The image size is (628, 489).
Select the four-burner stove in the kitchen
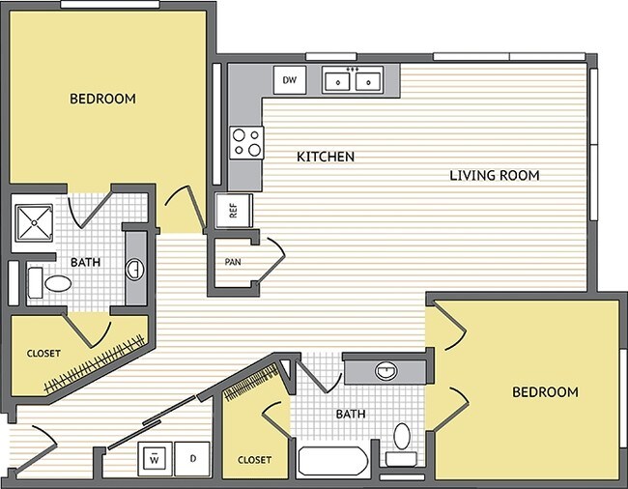(x=246, y=143)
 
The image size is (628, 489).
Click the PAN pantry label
(x=233, y=262)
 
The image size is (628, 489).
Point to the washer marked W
(x=154, y=459)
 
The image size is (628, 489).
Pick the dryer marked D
(x=193, y=459)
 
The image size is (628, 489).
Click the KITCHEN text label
(x=326, y=157)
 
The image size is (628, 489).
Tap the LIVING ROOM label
(x=494, y=175)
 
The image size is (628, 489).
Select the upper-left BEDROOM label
(x=102, y=99)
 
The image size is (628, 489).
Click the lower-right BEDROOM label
(x=545, y=391)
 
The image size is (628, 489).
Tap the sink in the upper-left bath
(x=136, y=267)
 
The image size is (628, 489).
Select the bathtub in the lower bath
(x=331, y=461)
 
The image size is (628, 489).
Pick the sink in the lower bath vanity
(x=385, y=369)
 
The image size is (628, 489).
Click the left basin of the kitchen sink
(x=338, y=82)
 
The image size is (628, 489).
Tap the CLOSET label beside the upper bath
(x=43, y=354)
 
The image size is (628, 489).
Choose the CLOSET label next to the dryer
(x=254, y=460)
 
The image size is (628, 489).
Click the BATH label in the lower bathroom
(x=350, y=415)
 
